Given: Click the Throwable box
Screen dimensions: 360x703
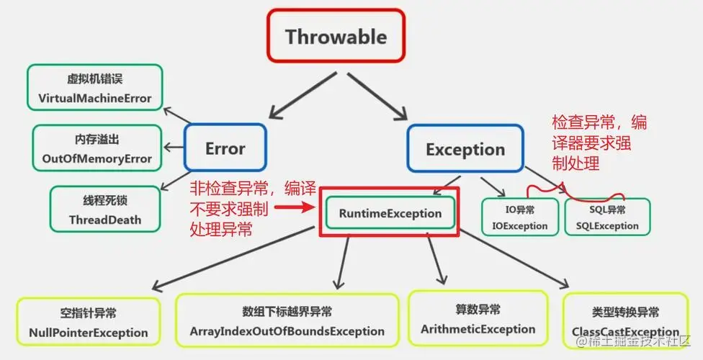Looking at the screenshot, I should (x=336, y=36).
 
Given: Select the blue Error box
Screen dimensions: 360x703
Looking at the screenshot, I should (x=225, y=149).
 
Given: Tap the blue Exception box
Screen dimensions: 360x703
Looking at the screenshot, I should (x=465, y=150).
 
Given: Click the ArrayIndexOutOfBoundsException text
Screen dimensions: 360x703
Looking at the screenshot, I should (x=287, y=332).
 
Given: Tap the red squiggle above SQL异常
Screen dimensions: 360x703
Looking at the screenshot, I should (x=576, y=192).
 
